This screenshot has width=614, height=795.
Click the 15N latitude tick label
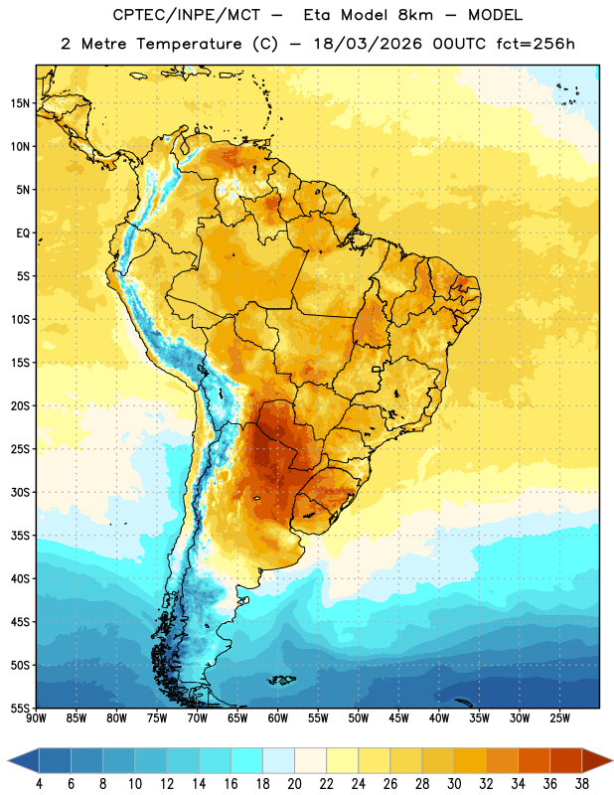[x=20, y=103]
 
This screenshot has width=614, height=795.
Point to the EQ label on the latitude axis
[x=23, y=234]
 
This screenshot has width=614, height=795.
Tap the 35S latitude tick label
[x=20, y=536]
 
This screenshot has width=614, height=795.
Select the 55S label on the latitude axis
[x=20, y=709]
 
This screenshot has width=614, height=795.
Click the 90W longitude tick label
[x=36, y=718]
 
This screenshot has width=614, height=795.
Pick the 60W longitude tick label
[x=278, y=718]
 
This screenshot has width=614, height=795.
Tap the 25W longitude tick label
[x=560, y=718]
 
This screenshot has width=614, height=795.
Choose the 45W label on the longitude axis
[x=399, y=718]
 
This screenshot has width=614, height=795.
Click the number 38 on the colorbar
[x=582, y=784]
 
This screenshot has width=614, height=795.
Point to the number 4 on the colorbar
[x=39, y=784]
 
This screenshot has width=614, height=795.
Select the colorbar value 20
[x=294, y=784]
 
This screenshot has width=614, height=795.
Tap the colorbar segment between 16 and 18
[x=247, y=760]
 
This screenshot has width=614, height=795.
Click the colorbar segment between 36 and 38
[x=566, y=760]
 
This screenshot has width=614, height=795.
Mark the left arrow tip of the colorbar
[x=8, y=761]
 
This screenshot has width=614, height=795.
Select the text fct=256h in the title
[x=536, y=44]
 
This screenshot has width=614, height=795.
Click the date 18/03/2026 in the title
[x=368, y=44]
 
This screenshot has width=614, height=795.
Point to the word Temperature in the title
[x=189, y=44]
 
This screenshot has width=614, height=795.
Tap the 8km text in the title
[x=415, y=15]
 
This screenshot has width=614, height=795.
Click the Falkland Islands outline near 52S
[x=281, y=680]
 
